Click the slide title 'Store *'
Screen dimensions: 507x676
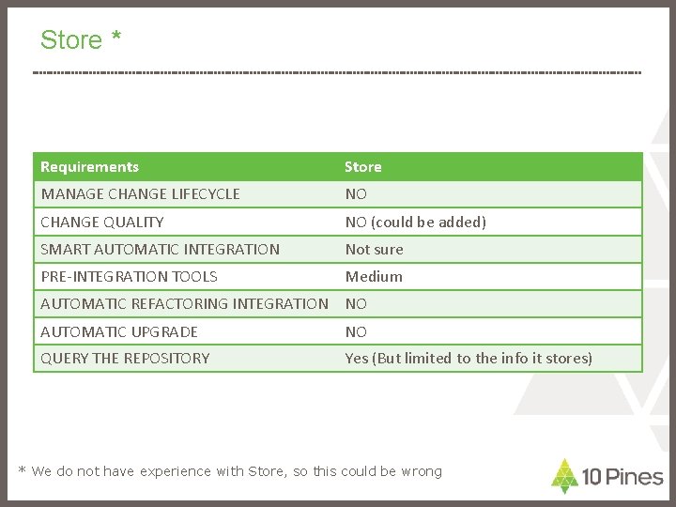click(81, 40)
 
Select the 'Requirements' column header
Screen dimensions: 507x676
click(89, 167)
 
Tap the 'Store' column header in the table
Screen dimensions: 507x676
click(363, 167)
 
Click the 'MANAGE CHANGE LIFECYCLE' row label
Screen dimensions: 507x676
click(140, 194)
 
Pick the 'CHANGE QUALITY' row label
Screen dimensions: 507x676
click(101, 223)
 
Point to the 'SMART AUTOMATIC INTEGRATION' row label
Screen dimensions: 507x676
click(160, 250)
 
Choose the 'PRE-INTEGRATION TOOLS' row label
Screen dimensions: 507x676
click(129, 277)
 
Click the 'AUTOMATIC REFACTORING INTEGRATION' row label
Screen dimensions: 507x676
click(184, 304)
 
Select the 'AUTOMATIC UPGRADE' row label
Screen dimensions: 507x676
click(119, 332)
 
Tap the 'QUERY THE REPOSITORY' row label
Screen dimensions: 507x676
click(125, 359)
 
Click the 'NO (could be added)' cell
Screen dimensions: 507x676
click(416, 223)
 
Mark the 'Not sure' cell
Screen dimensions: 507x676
click(374, 250)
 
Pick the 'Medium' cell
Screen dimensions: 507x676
click(374, 277)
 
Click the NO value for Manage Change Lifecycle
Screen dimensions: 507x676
click(356, 194)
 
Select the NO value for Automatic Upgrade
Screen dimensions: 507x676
click(356, 332)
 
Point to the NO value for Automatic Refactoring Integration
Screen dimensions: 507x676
click(356, 304)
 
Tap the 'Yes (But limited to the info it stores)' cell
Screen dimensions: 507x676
click(469, 359)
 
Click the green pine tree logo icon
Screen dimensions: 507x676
click(563, 476)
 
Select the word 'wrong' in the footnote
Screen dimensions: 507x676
click(422, 471)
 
